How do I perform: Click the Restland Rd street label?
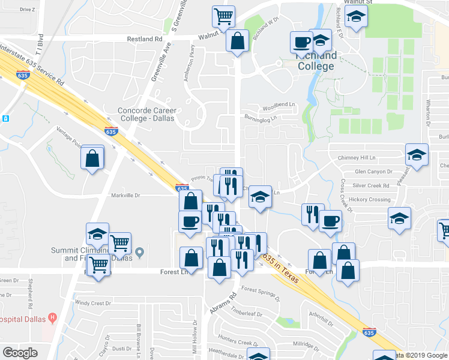tap(145, 38)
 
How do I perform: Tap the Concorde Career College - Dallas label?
tap(146, 114)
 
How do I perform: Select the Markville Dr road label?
tap(125, 195)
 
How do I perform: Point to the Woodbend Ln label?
tap(279, 108)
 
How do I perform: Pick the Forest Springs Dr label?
tap(260, 293)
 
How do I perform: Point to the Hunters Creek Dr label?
tap(238, 342)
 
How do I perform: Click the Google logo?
tap(20, 352)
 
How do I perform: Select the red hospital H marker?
tap(53, 317)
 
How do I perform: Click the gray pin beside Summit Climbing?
tap(140, 252)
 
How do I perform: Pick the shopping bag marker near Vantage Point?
tap(92, 158)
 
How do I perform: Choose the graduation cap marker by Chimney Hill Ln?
tap(417, 155)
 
